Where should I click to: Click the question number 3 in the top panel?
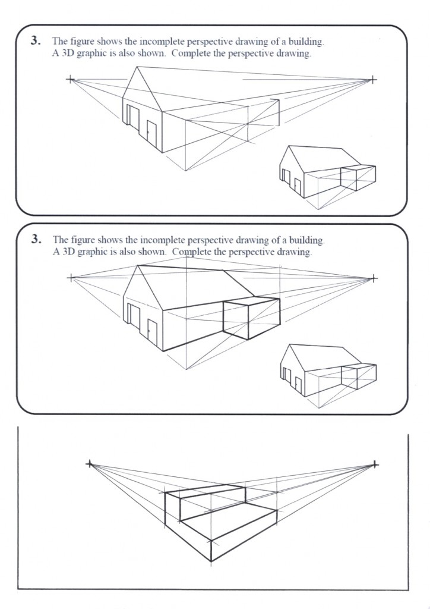tap(36, 42)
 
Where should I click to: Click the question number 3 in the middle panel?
tap(36, 240)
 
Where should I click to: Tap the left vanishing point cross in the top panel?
tap(71, 79)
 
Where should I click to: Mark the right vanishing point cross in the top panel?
tap(373, 79)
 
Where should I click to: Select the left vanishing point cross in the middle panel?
tap(71, 277)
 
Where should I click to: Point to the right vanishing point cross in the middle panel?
tap(373, 277)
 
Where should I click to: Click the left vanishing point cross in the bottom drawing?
tap(90, 463)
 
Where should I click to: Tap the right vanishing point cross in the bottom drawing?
tap(375, 464)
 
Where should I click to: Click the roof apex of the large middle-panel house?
tap(138, 265)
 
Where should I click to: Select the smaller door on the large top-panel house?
tap(151, 134)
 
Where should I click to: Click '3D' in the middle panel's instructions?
tap(68, 251)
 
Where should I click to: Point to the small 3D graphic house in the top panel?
tap(327, 175)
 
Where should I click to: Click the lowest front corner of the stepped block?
tap(211, 561)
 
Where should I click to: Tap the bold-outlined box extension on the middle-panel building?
tap(249, 318)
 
